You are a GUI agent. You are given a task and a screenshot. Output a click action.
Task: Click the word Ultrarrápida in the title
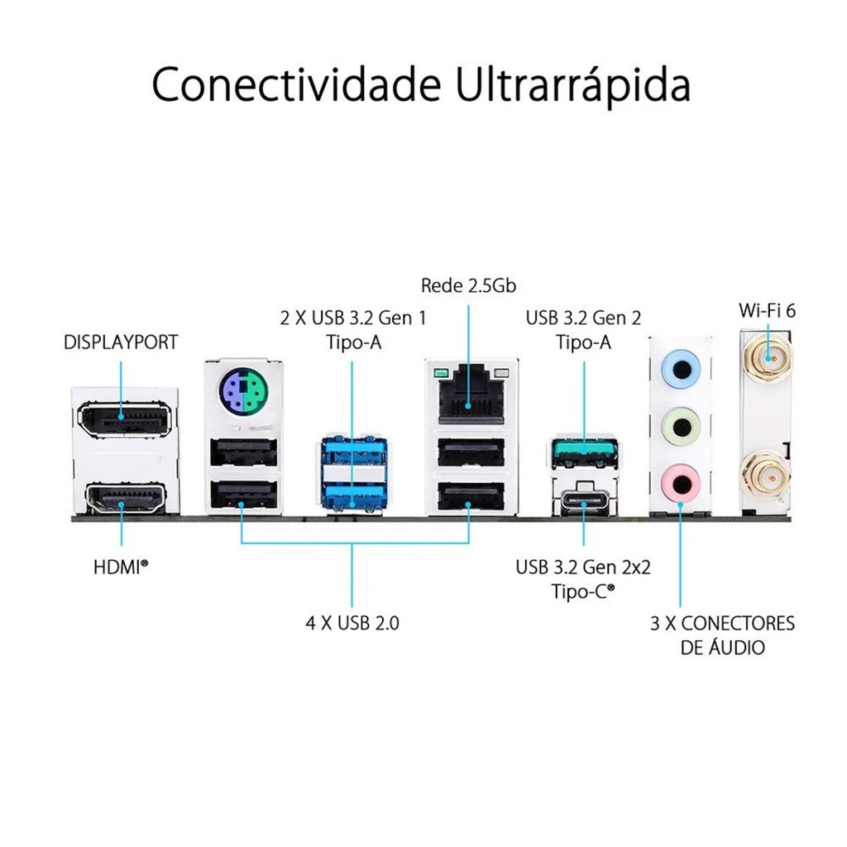point(573,84)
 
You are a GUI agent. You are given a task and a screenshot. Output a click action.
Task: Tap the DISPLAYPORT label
point(121,342)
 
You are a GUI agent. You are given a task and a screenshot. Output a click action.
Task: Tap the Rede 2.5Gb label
point(468,286)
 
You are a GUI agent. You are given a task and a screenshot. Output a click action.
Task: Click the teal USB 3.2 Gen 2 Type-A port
point(584,451)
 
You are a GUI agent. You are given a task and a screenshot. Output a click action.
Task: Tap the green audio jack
point(681,427)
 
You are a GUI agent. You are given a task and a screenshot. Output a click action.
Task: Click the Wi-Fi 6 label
point(767,311)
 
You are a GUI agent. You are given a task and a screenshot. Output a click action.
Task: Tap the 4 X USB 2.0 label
point(352,623)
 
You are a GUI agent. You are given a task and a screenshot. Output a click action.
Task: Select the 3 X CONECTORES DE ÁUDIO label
point(722,635)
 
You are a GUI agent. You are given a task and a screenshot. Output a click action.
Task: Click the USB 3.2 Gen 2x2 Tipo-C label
point(583,579)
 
